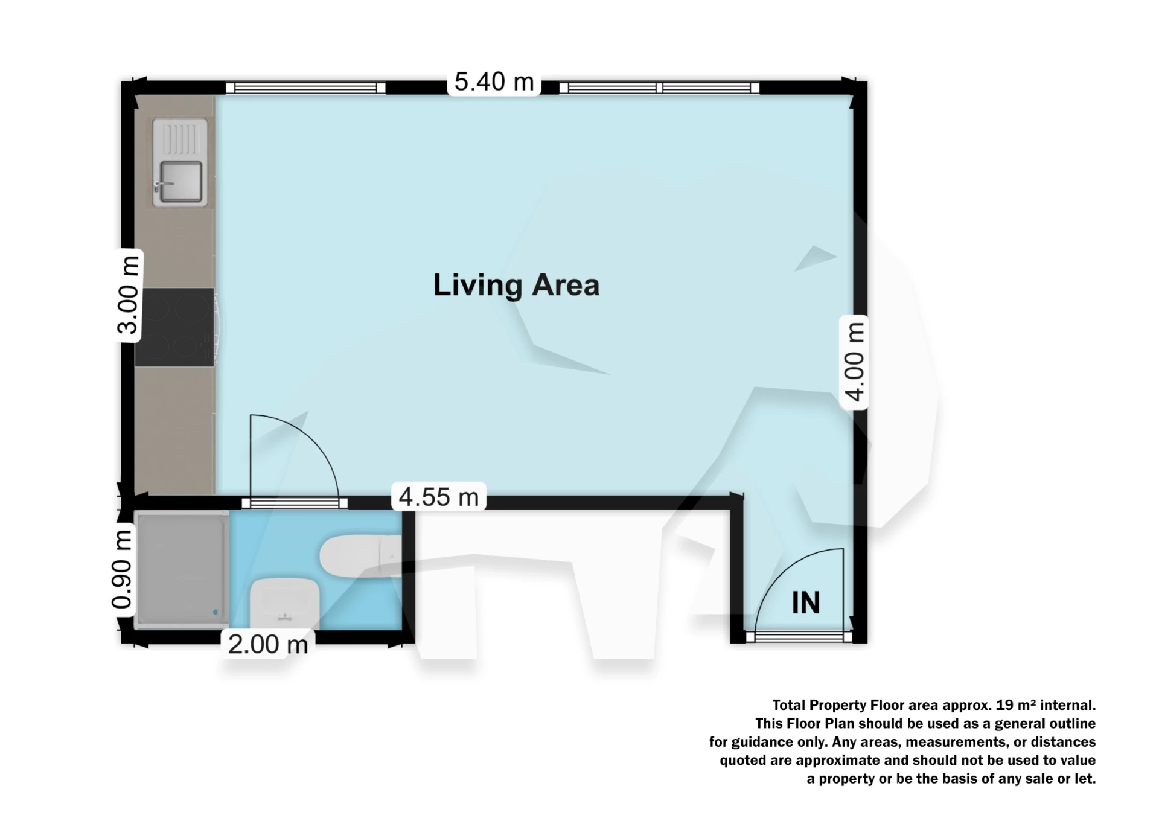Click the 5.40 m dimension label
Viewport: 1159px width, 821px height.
(494, 82)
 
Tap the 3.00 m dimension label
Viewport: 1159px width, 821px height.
(129, 295)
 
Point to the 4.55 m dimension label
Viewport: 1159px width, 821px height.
(439, 497)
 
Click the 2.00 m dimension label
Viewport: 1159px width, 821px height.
(268, 645)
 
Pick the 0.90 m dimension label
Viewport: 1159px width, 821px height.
(122, 569)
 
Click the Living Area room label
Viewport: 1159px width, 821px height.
(516, 285)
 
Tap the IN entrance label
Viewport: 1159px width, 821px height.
(805, 602)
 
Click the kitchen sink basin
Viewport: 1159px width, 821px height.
(180, 181)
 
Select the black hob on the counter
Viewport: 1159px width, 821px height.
(174, 327)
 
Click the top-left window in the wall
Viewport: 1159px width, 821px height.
(305, 88)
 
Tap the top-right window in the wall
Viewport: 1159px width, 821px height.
(659, 88)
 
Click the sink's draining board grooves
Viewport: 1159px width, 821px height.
(180, 139)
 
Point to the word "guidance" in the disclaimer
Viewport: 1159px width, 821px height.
(763, 742)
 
